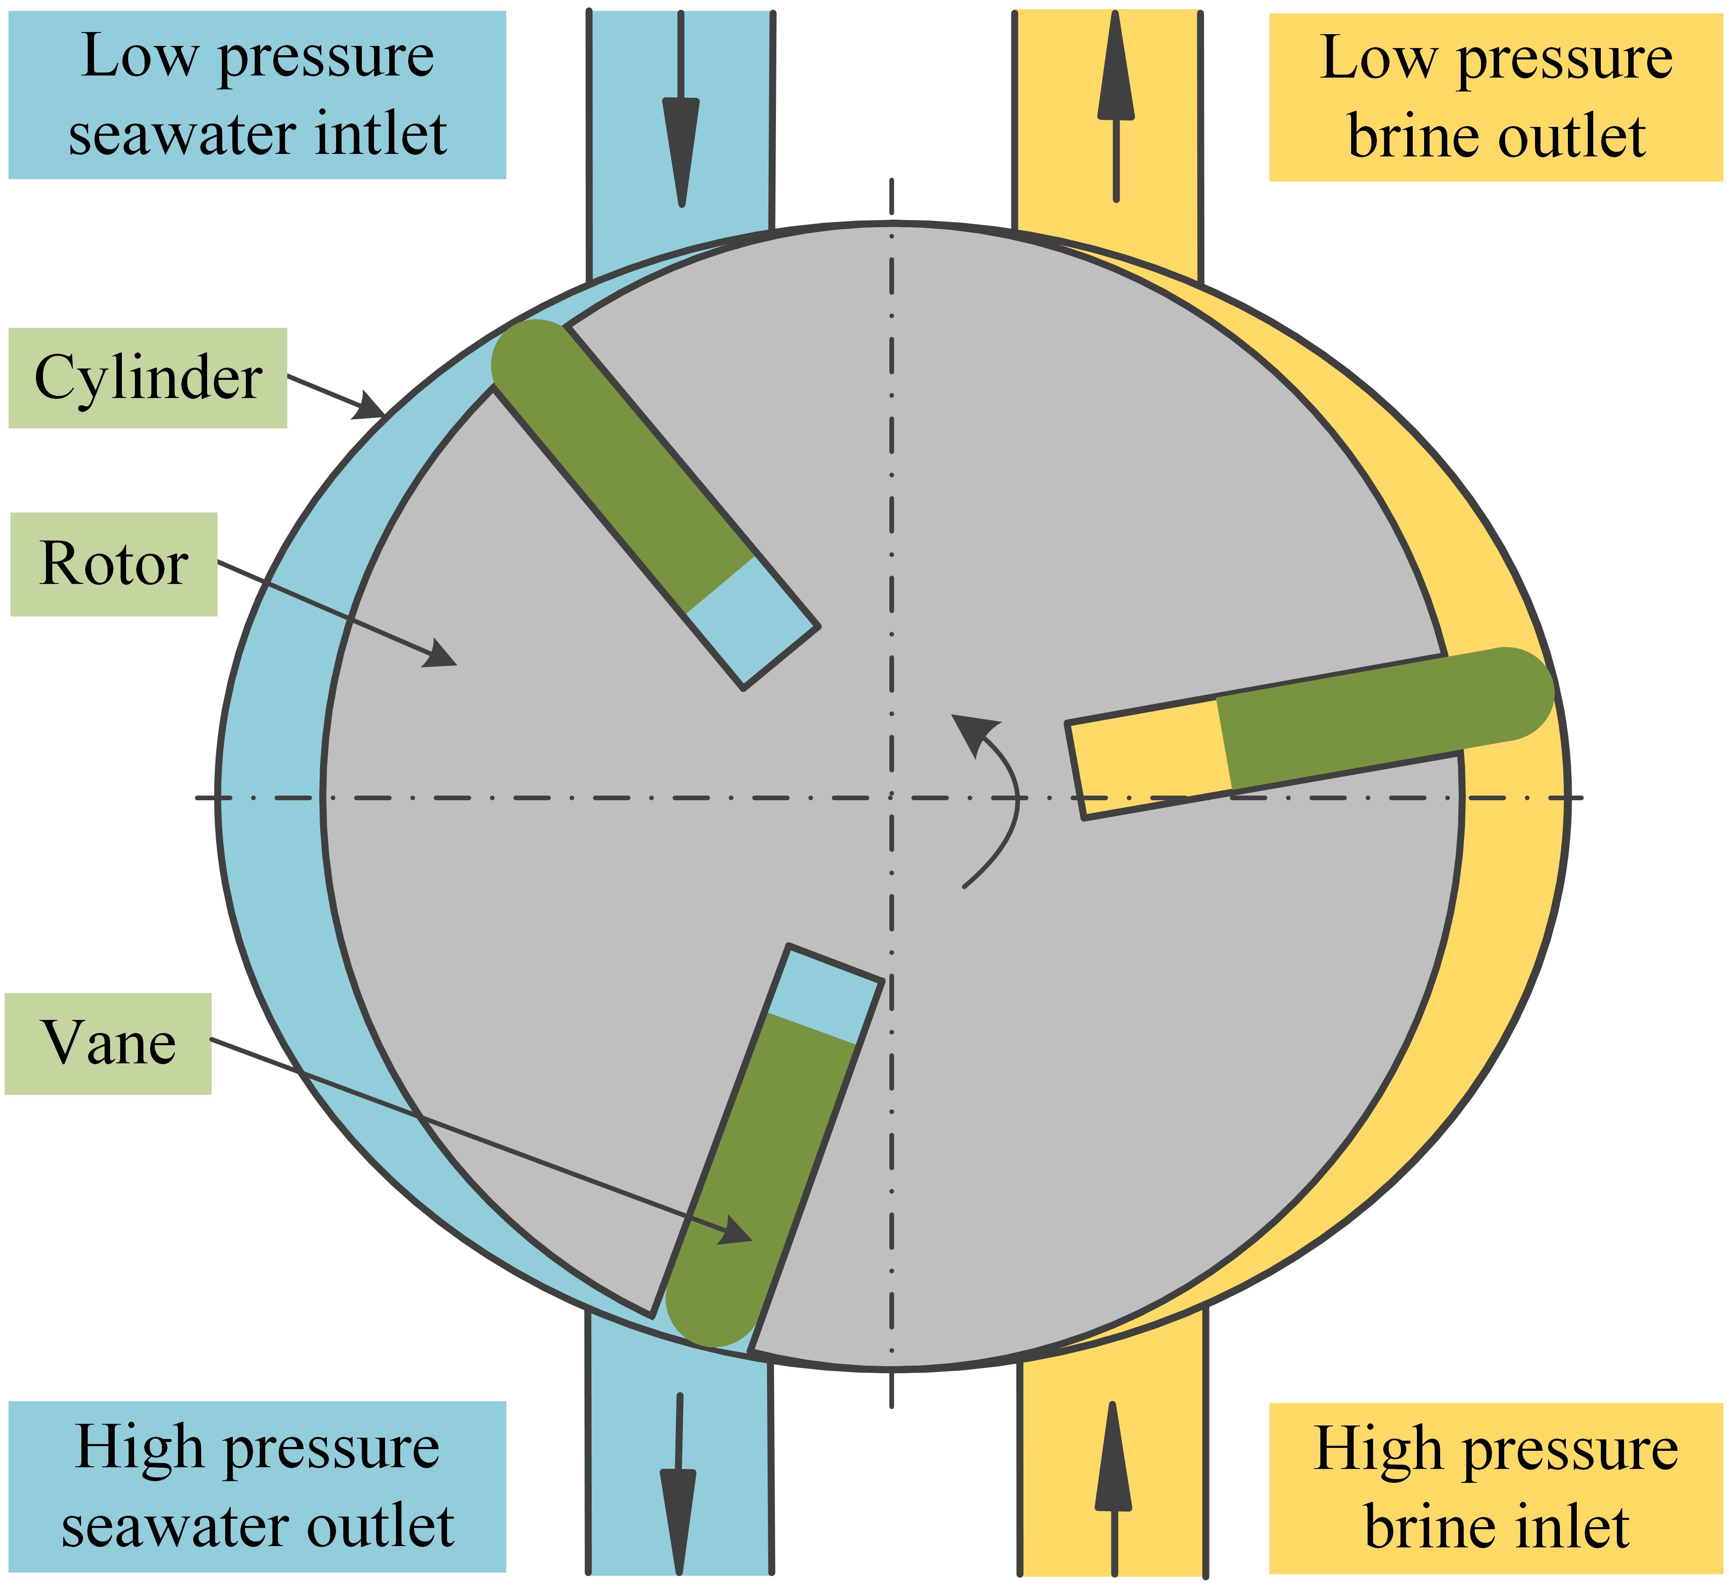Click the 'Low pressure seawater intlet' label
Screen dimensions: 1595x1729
coord(257,95)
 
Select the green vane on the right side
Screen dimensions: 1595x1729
coord(1381,721)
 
